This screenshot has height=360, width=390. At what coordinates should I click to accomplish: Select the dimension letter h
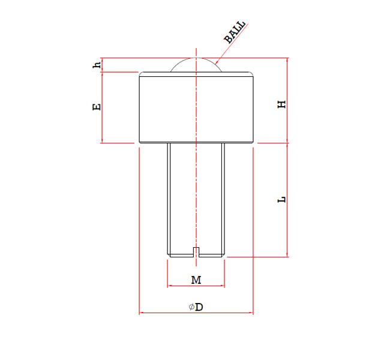[x=96, y=65]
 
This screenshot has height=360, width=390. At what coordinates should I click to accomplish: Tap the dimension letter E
[x=96, y=107]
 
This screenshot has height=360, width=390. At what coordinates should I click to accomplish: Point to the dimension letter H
[x=281, y=104]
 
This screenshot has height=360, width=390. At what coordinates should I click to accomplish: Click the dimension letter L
[x=281, y=199]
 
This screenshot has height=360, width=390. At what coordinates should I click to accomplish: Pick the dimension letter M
[x=196, y=280]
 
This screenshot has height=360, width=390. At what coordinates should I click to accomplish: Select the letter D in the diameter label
[x=199, y=307]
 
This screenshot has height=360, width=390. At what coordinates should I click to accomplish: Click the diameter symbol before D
[x=191, y=307]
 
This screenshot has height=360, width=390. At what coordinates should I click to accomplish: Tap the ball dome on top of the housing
[x=196, y=65]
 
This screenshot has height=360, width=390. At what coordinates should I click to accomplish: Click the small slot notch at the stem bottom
[x=196, y=251]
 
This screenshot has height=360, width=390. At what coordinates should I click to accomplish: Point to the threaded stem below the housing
[x=196, y=198]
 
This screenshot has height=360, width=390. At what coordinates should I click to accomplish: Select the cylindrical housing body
[x=196, y=107]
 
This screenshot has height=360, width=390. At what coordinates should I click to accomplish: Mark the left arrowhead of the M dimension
[x=170, y=287]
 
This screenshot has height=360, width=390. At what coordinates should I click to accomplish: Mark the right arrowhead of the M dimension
[x=221, y=287]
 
